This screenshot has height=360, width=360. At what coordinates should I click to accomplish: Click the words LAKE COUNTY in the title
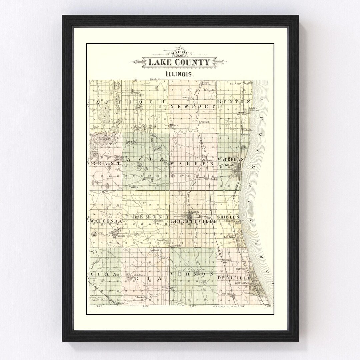(179, 62)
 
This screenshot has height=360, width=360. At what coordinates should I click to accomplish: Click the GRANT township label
(104, 164)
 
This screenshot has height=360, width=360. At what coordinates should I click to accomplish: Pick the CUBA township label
(103, 274)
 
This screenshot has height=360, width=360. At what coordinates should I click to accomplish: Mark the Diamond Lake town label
(176, 246)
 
